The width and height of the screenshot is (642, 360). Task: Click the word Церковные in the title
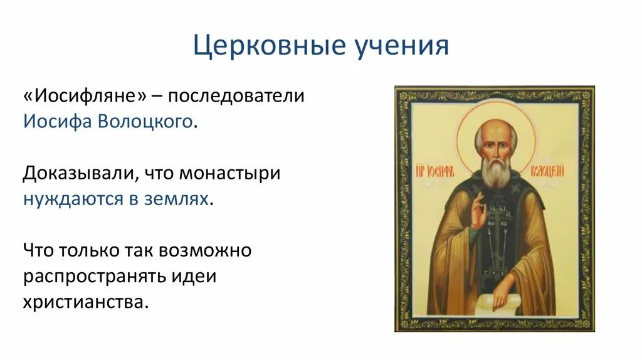pos(269,45)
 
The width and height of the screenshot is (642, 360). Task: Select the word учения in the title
pos(401,45)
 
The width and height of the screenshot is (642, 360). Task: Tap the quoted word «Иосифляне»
pos(85,96)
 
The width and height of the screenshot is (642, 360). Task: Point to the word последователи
pos(236,96)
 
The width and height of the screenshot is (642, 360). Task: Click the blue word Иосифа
pos(57,122)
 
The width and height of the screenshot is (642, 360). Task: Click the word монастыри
pos(230,174)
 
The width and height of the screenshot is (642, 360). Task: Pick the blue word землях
pos(176,199)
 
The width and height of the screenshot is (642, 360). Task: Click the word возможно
pos(205,251)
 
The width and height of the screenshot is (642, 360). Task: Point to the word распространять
pos(94,277)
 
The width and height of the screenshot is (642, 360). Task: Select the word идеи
pos(194,277)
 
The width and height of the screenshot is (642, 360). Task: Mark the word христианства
pos(83,302)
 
